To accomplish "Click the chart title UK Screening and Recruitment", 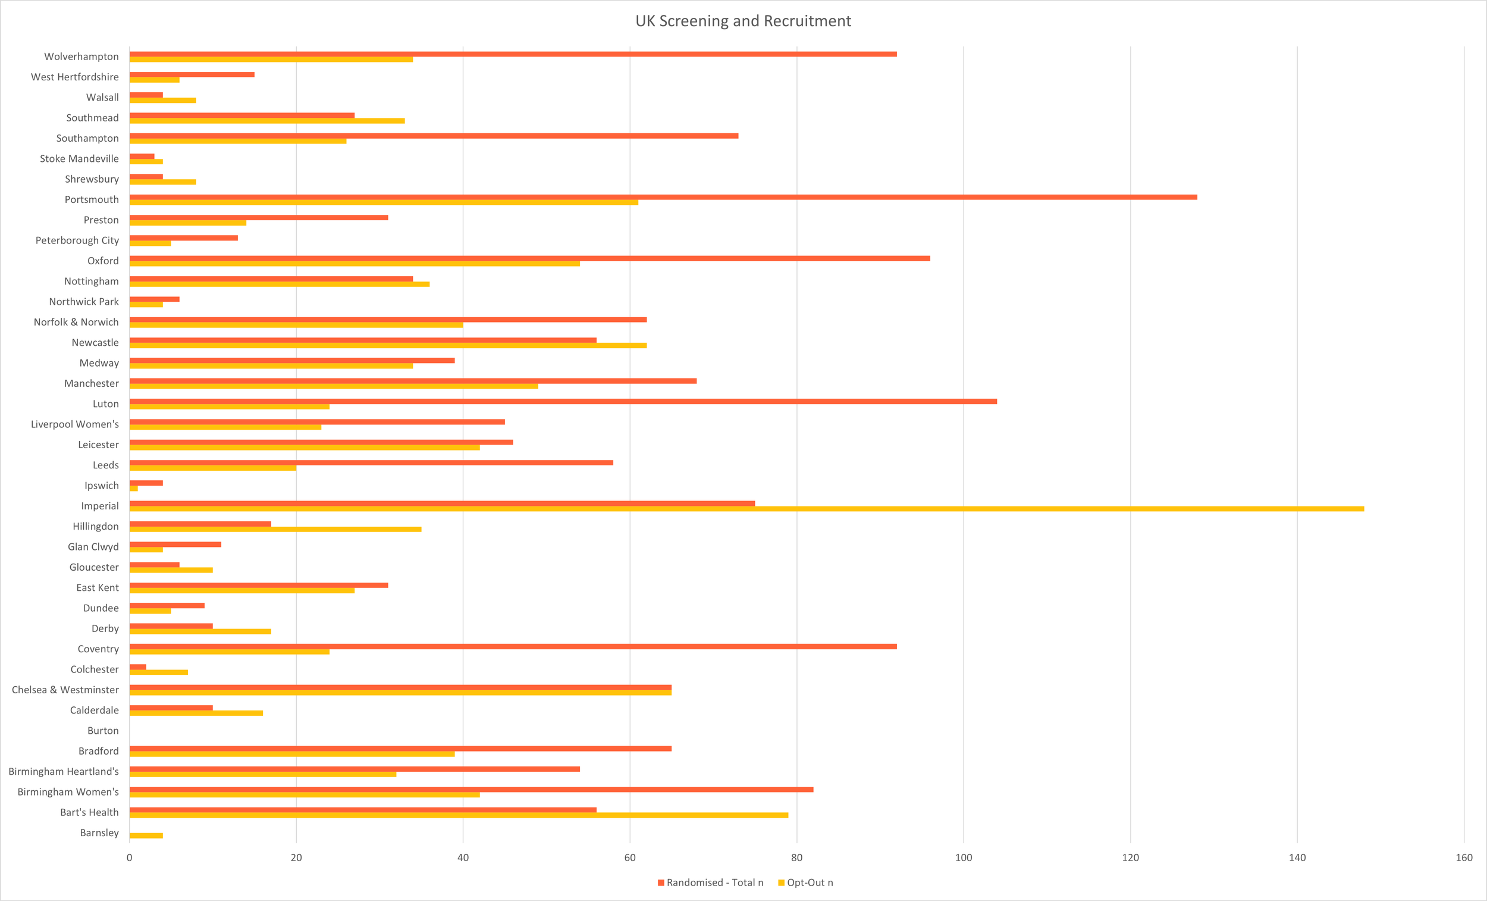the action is click(x=743, y=21).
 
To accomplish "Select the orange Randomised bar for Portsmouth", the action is click(x=663, y=197).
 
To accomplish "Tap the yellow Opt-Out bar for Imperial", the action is click(x=746, y=509).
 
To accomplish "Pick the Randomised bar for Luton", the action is click(x=563, y=402).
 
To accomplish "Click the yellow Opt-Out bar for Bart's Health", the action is click(x=459, y=815).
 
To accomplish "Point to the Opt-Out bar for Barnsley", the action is click(x=146, y=836).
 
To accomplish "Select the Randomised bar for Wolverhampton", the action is click(x=513, y=54).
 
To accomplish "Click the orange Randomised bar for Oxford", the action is click(x=530, y=258).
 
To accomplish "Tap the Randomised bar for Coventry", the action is click(x=513, y=647).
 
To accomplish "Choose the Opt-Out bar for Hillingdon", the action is click(x=275, y=530).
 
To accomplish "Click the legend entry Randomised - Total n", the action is click(x=710, y=883).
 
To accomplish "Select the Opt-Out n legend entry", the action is click(x=806, y=883).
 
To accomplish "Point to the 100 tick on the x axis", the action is click(x=964, y=858).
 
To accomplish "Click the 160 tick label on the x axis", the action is click(x=1464, y=858).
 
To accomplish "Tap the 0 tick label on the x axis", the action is click(x=129, y=858).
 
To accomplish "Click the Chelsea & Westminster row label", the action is click(x=65, y=690).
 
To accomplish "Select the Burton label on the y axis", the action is click(x=103, y=731).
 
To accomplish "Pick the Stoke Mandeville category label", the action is click(x=79, y=159).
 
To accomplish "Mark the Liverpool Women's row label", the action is click(x=75, y=424).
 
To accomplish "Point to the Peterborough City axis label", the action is click(x=77, y=240).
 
